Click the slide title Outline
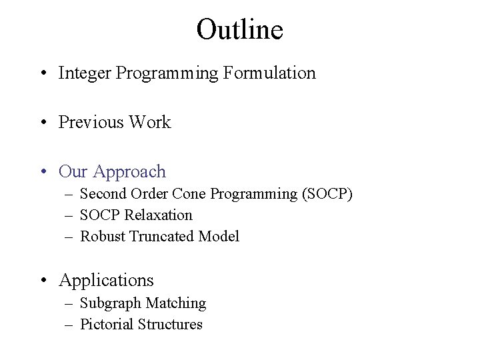[x=240, y=29]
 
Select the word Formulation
[x=271, y=73]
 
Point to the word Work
[x=151, y=123]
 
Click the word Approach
[x=129, y=172]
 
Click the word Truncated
[x=162, y=237]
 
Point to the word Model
[x=219, y=237]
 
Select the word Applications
[x=106, y=280]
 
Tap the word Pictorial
[x=107, y=325]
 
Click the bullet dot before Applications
[x=44, y=281]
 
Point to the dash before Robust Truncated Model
[x=69, y=237]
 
